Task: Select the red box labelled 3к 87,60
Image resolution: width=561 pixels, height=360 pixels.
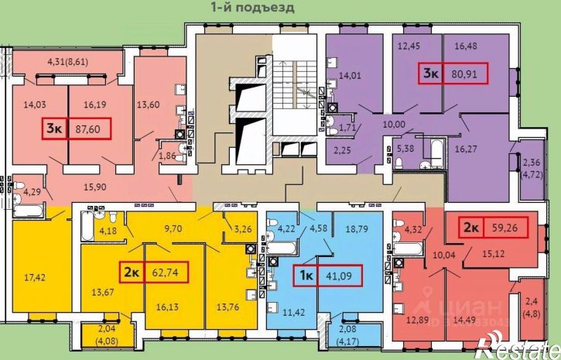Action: (77, 128)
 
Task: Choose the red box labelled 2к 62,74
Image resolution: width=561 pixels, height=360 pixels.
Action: (153, 272)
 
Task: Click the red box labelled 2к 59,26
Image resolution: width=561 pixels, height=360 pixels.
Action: (494, 228)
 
